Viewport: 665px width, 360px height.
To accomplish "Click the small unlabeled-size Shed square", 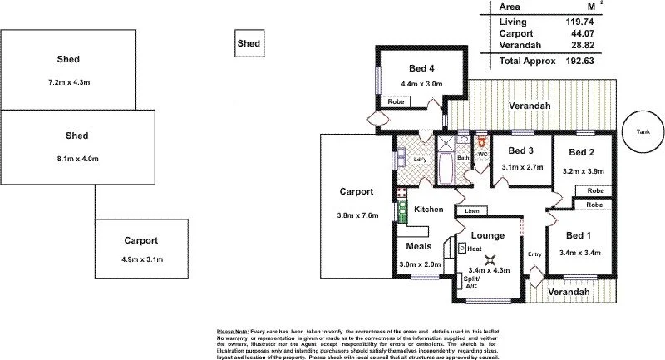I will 248,43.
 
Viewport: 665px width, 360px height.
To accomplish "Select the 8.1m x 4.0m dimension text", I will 76,158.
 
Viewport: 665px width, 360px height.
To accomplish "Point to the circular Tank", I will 643,131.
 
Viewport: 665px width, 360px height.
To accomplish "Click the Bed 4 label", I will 421,68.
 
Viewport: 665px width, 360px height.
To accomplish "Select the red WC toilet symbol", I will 480,142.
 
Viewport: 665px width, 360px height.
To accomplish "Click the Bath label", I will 463,158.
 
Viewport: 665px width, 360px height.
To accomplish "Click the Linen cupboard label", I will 471,210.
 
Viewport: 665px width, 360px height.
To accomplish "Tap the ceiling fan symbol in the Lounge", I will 491,259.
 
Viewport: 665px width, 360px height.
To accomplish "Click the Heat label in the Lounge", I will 475,249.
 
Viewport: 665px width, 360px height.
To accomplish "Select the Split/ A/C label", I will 471,282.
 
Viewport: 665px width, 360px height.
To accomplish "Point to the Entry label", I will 534,254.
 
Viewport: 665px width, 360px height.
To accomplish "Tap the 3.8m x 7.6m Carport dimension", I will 356,216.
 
